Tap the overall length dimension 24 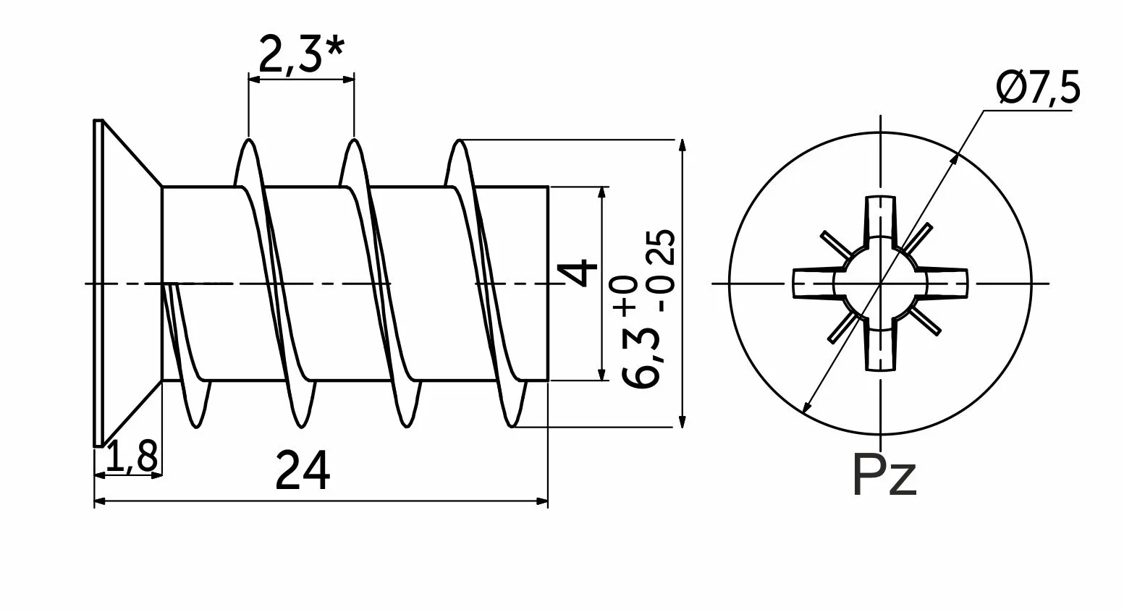point(303,471)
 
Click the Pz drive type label point(884,475)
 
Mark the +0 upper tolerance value point(627,294)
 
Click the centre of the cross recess point(881,283)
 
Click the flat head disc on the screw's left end point(98,283)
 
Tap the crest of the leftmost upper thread point(248,142)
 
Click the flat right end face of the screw point(548,283)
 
